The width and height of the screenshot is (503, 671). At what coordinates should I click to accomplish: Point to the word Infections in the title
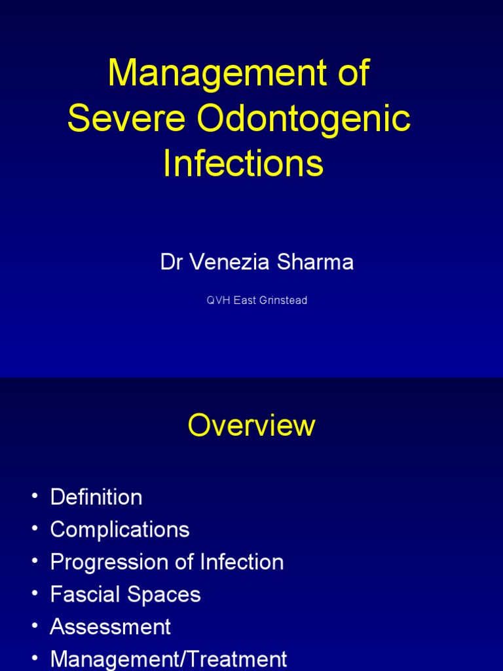243,163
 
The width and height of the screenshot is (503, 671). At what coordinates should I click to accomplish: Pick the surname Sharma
320,262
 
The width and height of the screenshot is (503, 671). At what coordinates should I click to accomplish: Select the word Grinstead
284,301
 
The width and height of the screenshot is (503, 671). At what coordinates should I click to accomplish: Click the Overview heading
251,426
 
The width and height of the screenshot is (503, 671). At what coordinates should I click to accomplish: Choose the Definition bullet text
96,497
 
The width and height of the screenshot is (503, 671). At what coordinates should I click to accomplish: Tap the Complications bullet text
120,529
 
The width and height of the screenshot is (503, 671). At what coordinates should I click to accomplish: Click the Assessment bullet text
111,626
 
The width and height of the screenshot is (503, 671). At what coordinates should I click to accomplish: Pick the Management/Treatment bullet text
168,659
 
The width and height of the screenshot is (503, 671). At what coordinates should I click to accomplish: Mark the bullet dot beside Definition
35,498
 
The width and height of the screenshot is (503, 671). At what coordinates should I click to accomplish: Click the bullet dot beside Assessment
35,627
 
